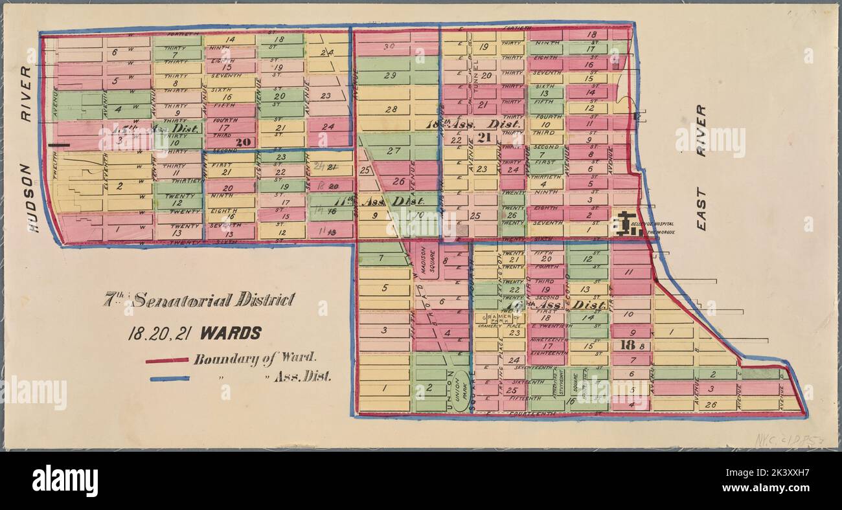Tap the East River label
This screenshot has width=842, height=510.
point(701,168)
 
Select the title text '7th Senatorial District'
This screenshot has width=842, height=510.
point(200,300)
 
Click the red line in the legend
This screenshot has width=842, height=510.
point(167,360)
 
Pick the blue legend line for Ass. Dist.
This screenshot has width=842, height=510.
point(170,379)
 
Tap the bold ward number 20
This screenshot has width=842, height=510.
point(243,142)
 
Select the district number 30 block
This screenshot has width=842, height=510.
point(389,47)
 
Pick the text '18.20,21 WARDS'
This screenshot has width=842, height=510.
point(194,333)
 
